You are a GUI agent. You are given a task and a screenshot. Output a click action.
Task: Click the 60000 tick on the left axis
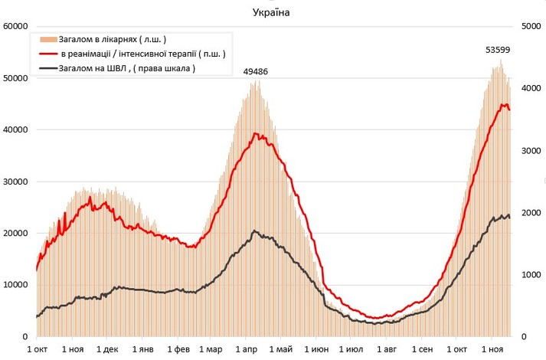point(15,26)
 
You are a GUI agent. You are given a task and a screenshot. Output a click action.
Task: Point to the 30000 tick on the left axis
point(15,182)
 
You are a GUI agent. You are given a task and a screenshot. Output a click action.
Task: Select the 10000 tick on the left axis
point(15,285)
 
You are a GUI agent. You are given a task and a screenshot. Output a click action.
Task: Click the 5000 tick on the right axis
point(530,26)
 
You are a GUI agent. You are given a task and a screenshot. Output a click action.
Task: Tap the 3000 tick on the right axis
point(530,150)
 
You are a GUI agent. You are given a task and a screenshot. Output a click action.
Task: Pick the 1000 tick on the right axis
point(530,274)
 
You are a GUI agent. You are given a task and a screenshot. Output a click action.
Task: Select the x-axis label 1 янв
point(143,349)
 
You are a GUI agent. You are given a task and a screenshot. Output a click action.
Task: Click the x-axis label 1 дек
point(107,349)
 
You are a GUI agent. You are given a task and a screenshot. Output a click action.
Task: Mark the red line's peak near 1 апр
point(257,134)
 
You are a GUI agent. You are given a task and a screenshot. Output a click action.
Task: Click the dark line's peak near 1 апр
point(255,231)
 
